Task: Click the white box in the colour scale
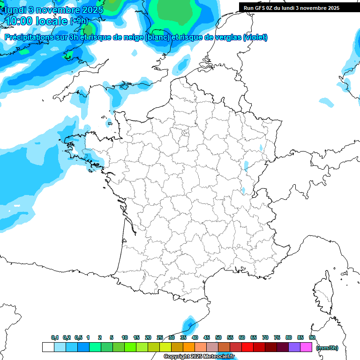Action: click(x=48, y=347)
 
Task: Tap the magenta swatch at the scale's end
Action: click(x=306, y=347)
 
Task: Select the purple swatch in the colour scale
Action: click(x=294, y=347)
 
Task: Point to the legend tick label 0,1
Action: click(x=55, y=337)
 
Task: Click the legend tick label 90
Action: click(x=312, y=337)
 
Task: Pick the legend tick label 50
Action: click(x=218, y=337)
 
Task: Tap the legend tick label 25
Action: click(x=160, y=337)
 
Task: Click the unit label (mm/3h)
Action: click(x=327, y=348)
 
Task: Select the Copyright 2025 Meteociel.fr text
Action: click(x=199, y=357)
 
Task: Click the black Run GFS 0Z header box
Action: click(x=292, y=7)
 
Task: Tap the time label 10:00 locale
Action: click(x=36, y=21)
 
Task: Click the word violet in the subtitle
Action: click(x=255, y=37)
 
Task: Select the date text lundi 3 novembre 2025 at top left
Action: click(x=53, y=9)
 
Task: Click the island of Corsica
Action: click(x=324, y=293)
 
